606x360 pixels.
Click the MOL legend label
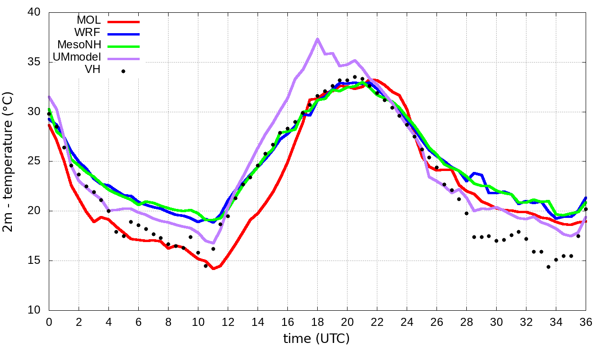[x=89, y=21]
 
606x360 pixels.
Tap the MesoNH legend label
[x=79, y=45]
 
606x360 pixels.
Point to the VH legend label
[x=92, y=70]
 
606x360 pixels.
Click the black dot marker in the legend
[x=123, y=71]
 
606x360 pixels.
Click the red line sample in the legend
[x=124, y=21]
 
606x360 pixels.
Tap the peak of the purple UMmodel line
[x=317, y=39]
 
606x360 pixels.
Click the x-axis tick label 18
[x=317, y=322]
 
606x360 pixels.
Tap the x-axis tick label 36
[x=586, y=322]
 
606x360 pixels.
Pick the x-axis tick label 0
[x=49, y=322]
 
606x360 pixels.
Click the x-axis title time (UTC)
[x=316, y=339]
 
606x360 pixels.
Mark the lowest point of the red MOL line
[x=213, y=269]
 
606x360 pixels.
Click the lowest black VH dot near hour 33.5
[x=548, y=267]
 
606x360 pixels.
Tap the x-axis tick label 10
[x=198, y=322]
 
